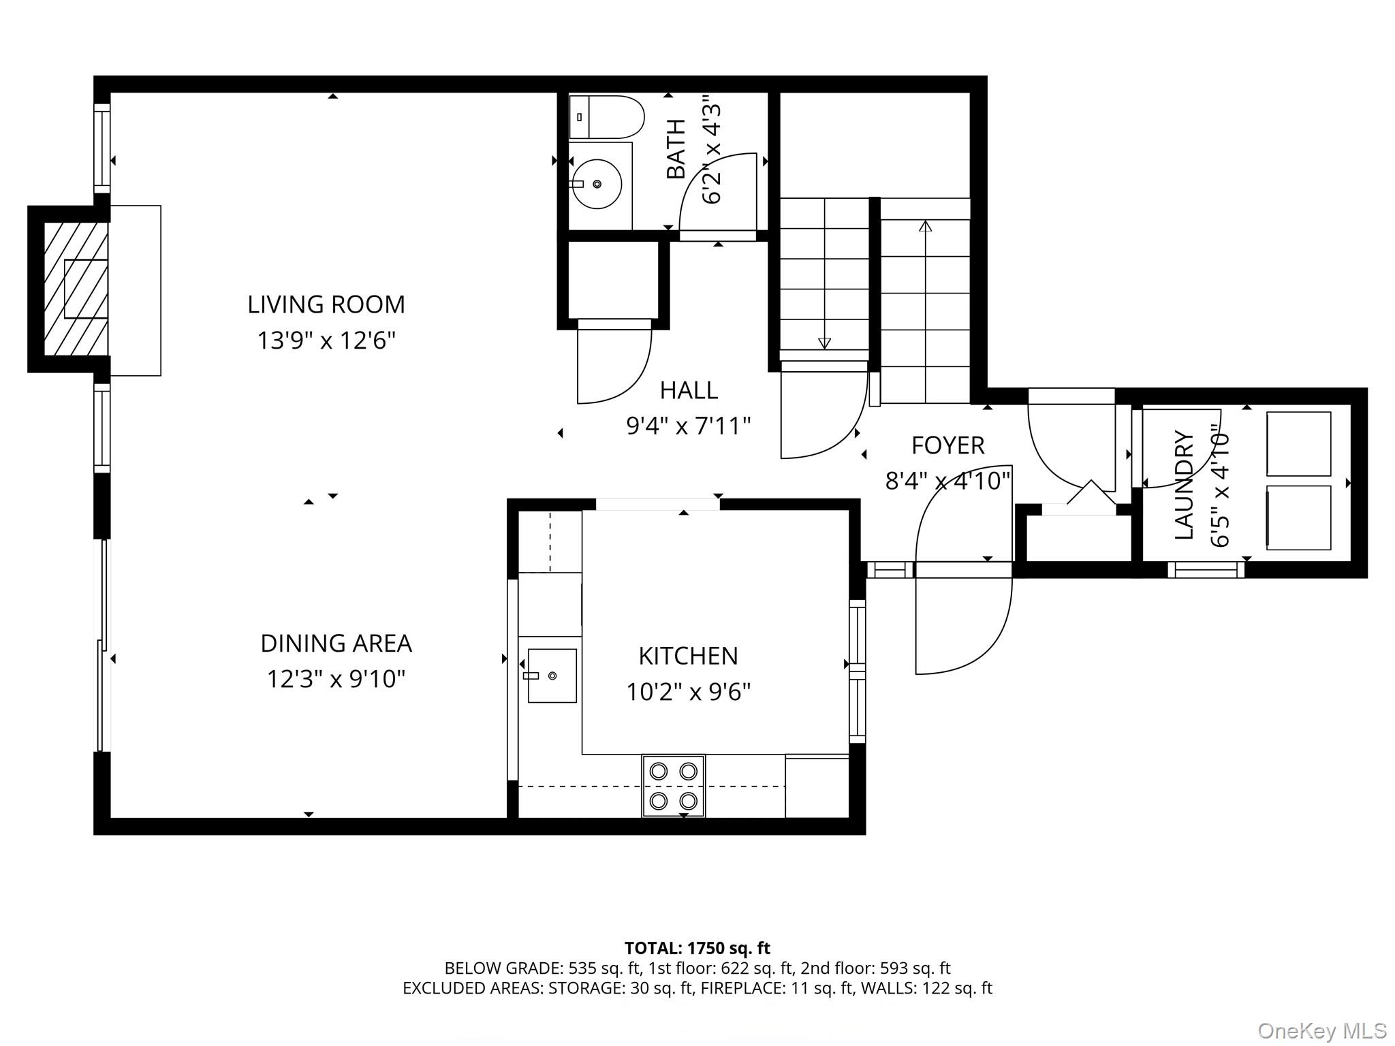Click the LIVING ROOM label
pyautogui.click(x=326, y=304)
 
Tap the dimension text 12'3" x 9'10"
pyautogui.click(x=336, y=679)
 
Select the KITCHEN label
pyautogui.click(x=688, y=656)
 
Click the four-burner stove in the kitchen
pyautogui.click(x=673, y=785)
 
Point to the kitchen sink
pyautogui.click(x=552, y=676)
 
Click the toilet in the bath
pyautogui.click(x=606, y=117)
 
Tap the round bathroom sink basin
pyautogui.click(x=597, y=184)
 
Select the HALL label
pyautogui.click(x=689, y=390)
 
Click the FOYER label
pyautogui.click(x=947, y=445)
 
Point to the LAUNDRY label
pyautogui.click(x=1185, y=485)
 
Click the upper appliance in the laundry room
pyautogui.click(x=1298, y=443)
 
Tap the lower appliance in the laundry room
pyautogui.click(x=1298, y=518)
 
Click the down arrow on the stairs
pyautogui.click(x=824, y=343)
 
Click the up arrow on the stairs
pyautogui.click(x=925, y=226)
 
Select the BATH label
pyautogui.click(x=676, y=148)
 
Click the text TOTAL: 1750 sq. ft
pyautogui.click(x=697, y=948)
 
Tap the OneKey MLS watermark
pyautogui.click(x=1321, y=1030)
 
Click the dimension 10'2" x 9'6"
pyautogui.click(x=688, y=692)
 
